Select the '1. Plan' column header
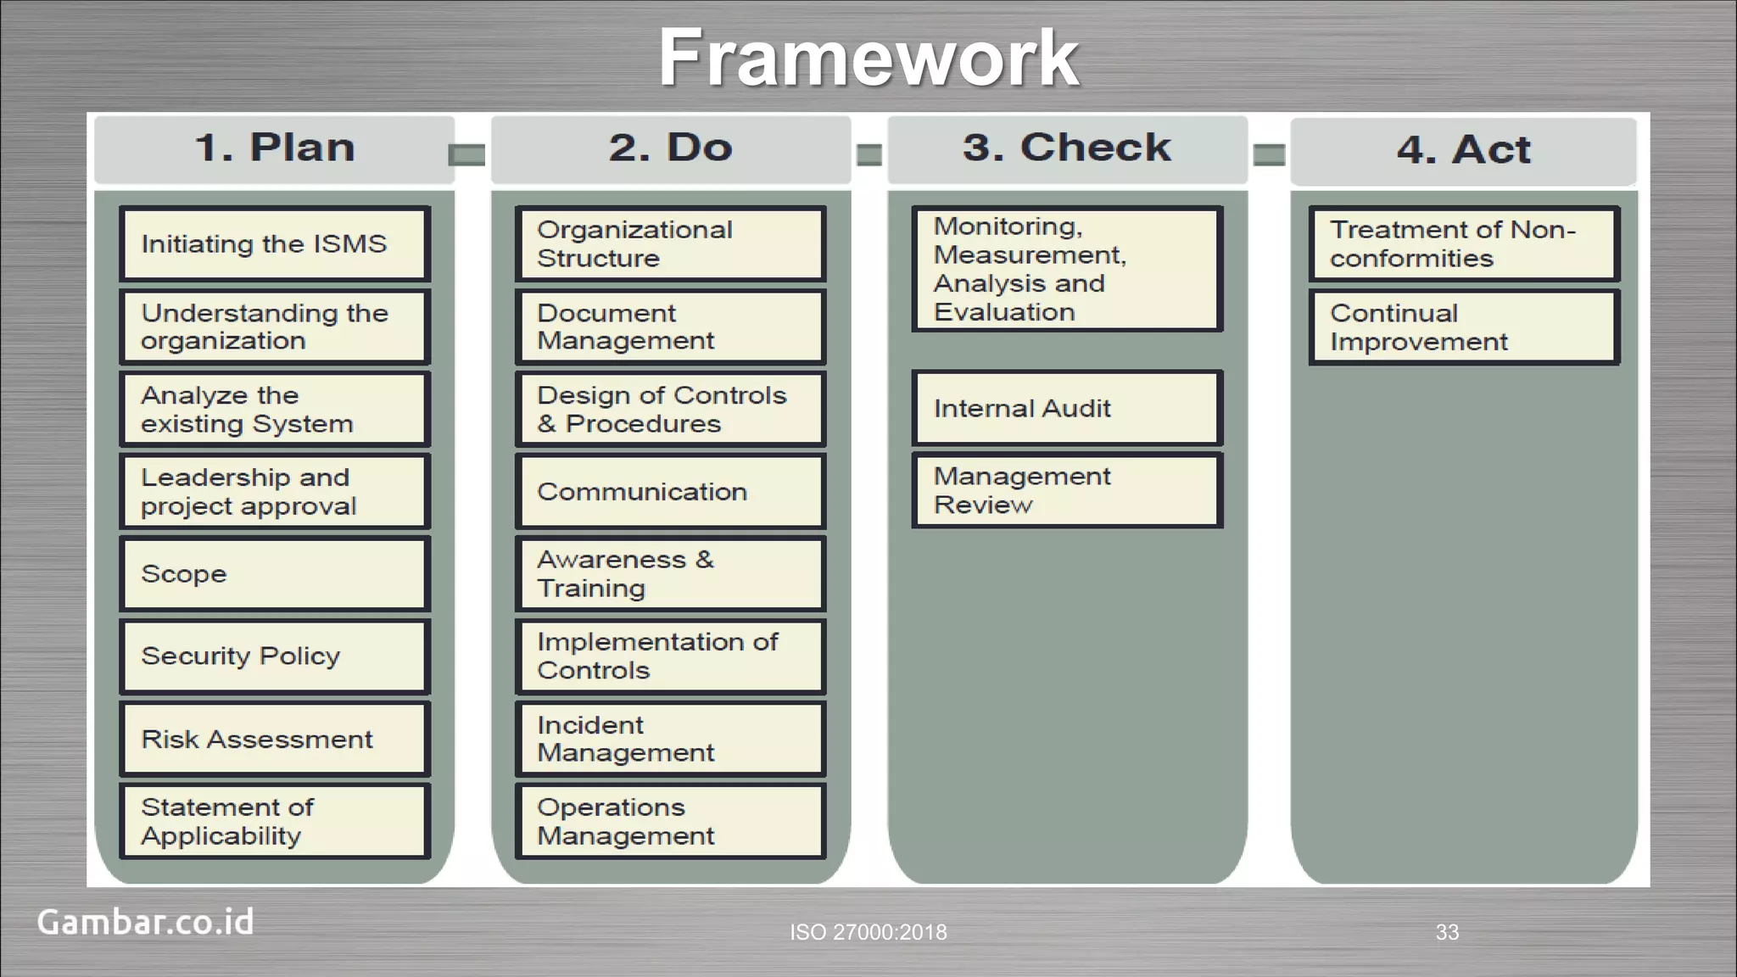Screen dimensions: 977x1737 click(274, 148)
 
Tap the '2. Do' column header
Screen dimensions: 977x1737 click(670, 148)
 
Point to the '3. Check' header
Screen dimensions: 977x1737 click(1067, 148)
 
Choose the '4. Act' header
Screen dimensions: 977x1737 click(1463, 151)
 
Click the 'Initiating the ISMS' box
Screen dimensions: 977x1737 click(275, 244)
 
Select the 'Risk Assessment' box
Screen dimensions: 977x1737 click(275, 739)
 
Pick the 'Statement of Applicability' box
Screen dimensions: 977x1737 click(275, 821)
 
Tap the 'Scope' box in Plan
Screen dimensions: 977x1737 click(275, 574)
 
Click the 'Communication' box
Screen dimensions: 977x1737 click(670, 492)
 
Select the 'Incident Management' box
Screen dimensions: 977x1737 click(670, 739)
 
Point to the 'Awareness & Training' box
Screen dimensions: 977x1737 click(670, 574)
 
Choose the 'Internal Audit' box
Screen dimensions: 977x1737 click(1067, 408)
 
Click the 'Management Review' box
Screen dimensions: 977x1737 click(1067, 490)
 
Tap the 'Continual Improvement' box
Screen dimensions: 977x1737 click(1464, 327)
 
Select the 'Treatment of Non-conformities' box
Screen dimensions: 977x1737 click(1464, 244)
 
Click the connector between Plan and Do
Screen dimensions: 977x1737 click(467, 155)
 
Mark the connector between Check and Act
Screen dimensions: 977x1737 click(1269, 155)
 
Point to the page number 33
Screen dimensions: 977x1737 click(1447, 932)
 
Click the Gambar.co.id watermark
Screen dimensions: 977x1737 click(145, 922)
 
